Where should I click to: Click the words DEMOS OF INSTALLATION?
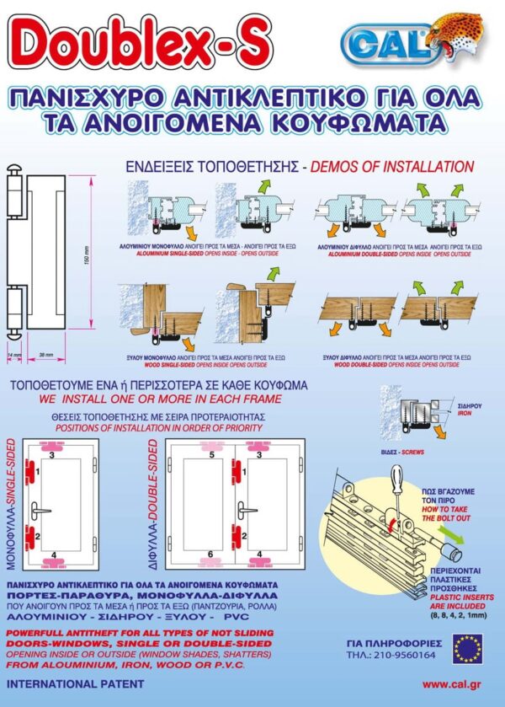tap(391, 166)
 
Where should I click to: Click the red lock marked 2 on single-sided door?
tap(30, 535)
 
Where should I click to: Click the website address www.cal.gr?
tap(450, 685)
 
